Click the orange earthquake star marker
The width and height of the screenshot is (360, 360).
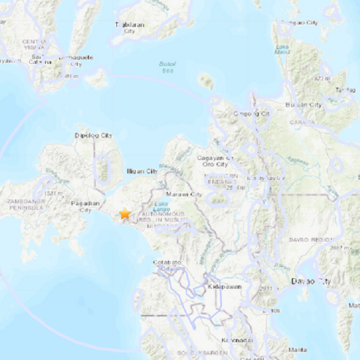coord(124,214)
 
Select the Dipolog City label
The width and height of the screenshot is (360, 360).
coord(94,136)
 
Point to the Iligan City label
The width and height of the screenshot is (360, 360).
coord(141,171)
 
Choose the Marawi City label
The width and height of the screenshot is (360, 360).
coord(185,195)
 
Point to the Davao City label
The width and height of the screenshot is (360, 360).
coord(310,281)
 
